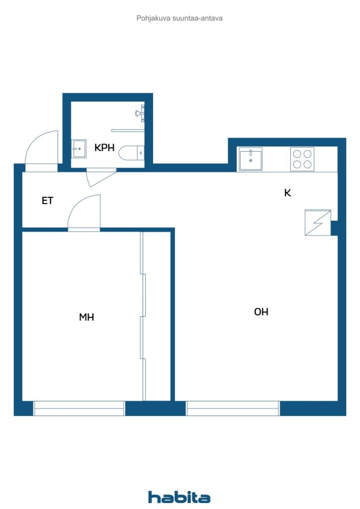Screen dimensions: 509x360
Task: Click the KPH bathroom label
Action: (x=104, y=147)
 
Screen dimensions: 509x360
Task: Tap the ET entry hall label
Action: (x=47, y=201)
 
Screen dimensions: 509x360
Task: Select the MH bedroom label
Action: (x=87, y=317)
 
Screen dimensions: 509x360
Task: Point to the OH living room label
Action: (x=261, y=312)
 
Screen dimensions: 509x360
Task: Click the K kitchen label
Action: (x=287, y=193)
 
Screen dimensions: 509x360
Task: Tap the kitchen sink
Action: (x=251, y=159)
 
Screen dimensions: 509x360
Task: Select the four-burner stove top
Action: (x=302, y=159)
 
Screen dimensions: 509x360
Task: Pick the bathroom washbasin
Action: (x=78, y=148)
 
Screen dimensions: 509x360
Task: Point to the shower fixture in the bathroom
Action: (x=140, y=113)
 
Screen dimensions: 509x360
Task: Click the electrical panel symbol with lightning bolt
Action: (x=318, y=222)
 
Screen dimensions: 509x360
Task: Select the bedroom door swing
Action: (x=84, y=213)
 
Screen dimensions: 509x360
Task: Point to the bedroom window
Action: (x=79, y=408)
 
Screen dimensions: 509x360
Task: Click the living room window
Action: (x=233, y=408)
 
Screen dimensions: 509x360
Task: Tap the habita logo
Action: (x=179, y=497)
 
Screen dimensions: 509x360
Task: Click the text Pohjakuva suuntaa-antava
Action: (x=180, y=18)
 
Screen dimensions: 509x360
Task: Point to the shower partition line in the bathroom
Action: (x=127, y=130)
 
